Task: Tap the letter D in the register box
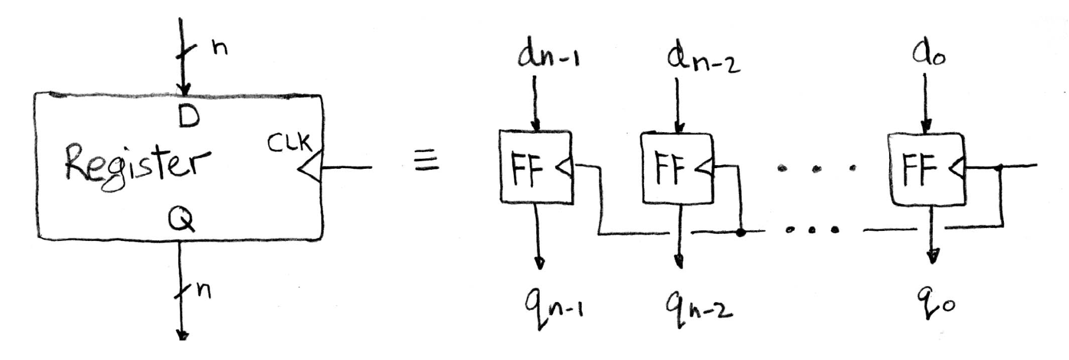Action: [x=188, y=117]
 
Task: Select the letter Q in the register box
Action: [x=181, y=220]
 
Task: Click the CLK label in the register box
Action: [x=288, y=143]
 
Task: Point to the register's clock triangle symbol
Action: [x=310, y=168]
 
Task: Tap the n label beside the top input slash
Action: [x=220, y=47]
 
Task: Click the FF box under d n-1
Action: [x=536, y=168]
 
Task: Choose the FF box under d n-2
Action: [x=677, y=168]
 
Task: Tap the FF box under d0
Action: [x=926, y=168]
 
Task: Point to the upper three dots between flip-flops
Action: [x=817, y=169]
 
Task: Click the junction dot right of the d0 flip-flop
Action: [x=999, y=168]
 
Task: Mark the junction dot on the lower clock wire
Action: [x=740, y=232]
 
